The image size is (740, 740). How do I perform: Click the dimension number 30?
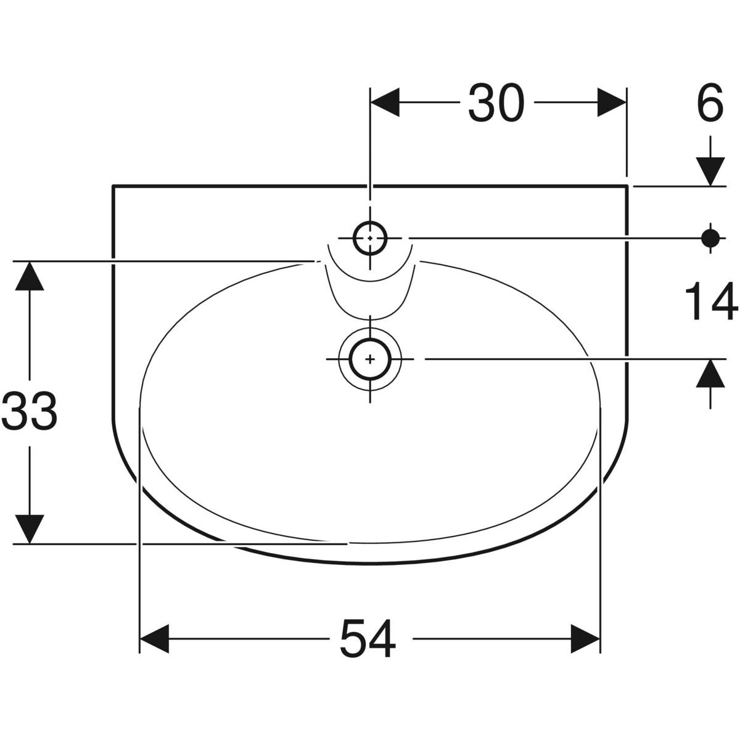coord(496,102)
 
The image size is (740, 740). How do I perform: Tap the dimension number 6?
coord(710,102)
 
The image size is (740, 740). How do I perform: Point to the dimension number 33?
coord(29,411)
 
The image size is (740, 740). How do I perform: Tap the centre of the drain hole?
coord(370,359)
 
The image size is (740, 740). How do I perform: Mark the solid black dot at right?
coord(710,238)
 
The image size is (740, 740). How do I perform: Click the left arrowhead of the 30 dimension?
coord(385,102)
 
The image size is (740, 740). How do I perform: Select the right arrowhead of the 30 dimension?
coord(612,102)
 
